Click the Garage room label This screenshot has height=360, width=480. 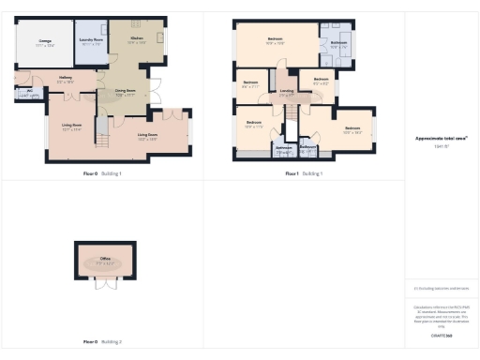tap(45, 40)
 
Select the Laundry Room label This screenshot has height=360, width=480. tap(91, 41)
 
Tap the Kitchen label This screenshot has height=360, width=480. tap(137, 38)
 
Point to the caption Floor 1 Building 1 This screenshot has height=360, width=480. tap(303, 173)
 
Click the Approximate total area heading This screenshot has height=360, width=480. tap(441, 138)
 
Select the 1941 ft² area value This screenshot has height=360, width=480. tap(441, 146)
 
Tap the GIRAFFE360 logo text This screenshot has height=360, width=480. tap(441, 335)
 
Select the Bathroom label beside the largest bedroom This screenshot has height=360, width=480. tap(338, 43)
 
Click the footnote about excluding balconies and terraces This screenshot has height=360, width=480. tap(441, 289)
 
